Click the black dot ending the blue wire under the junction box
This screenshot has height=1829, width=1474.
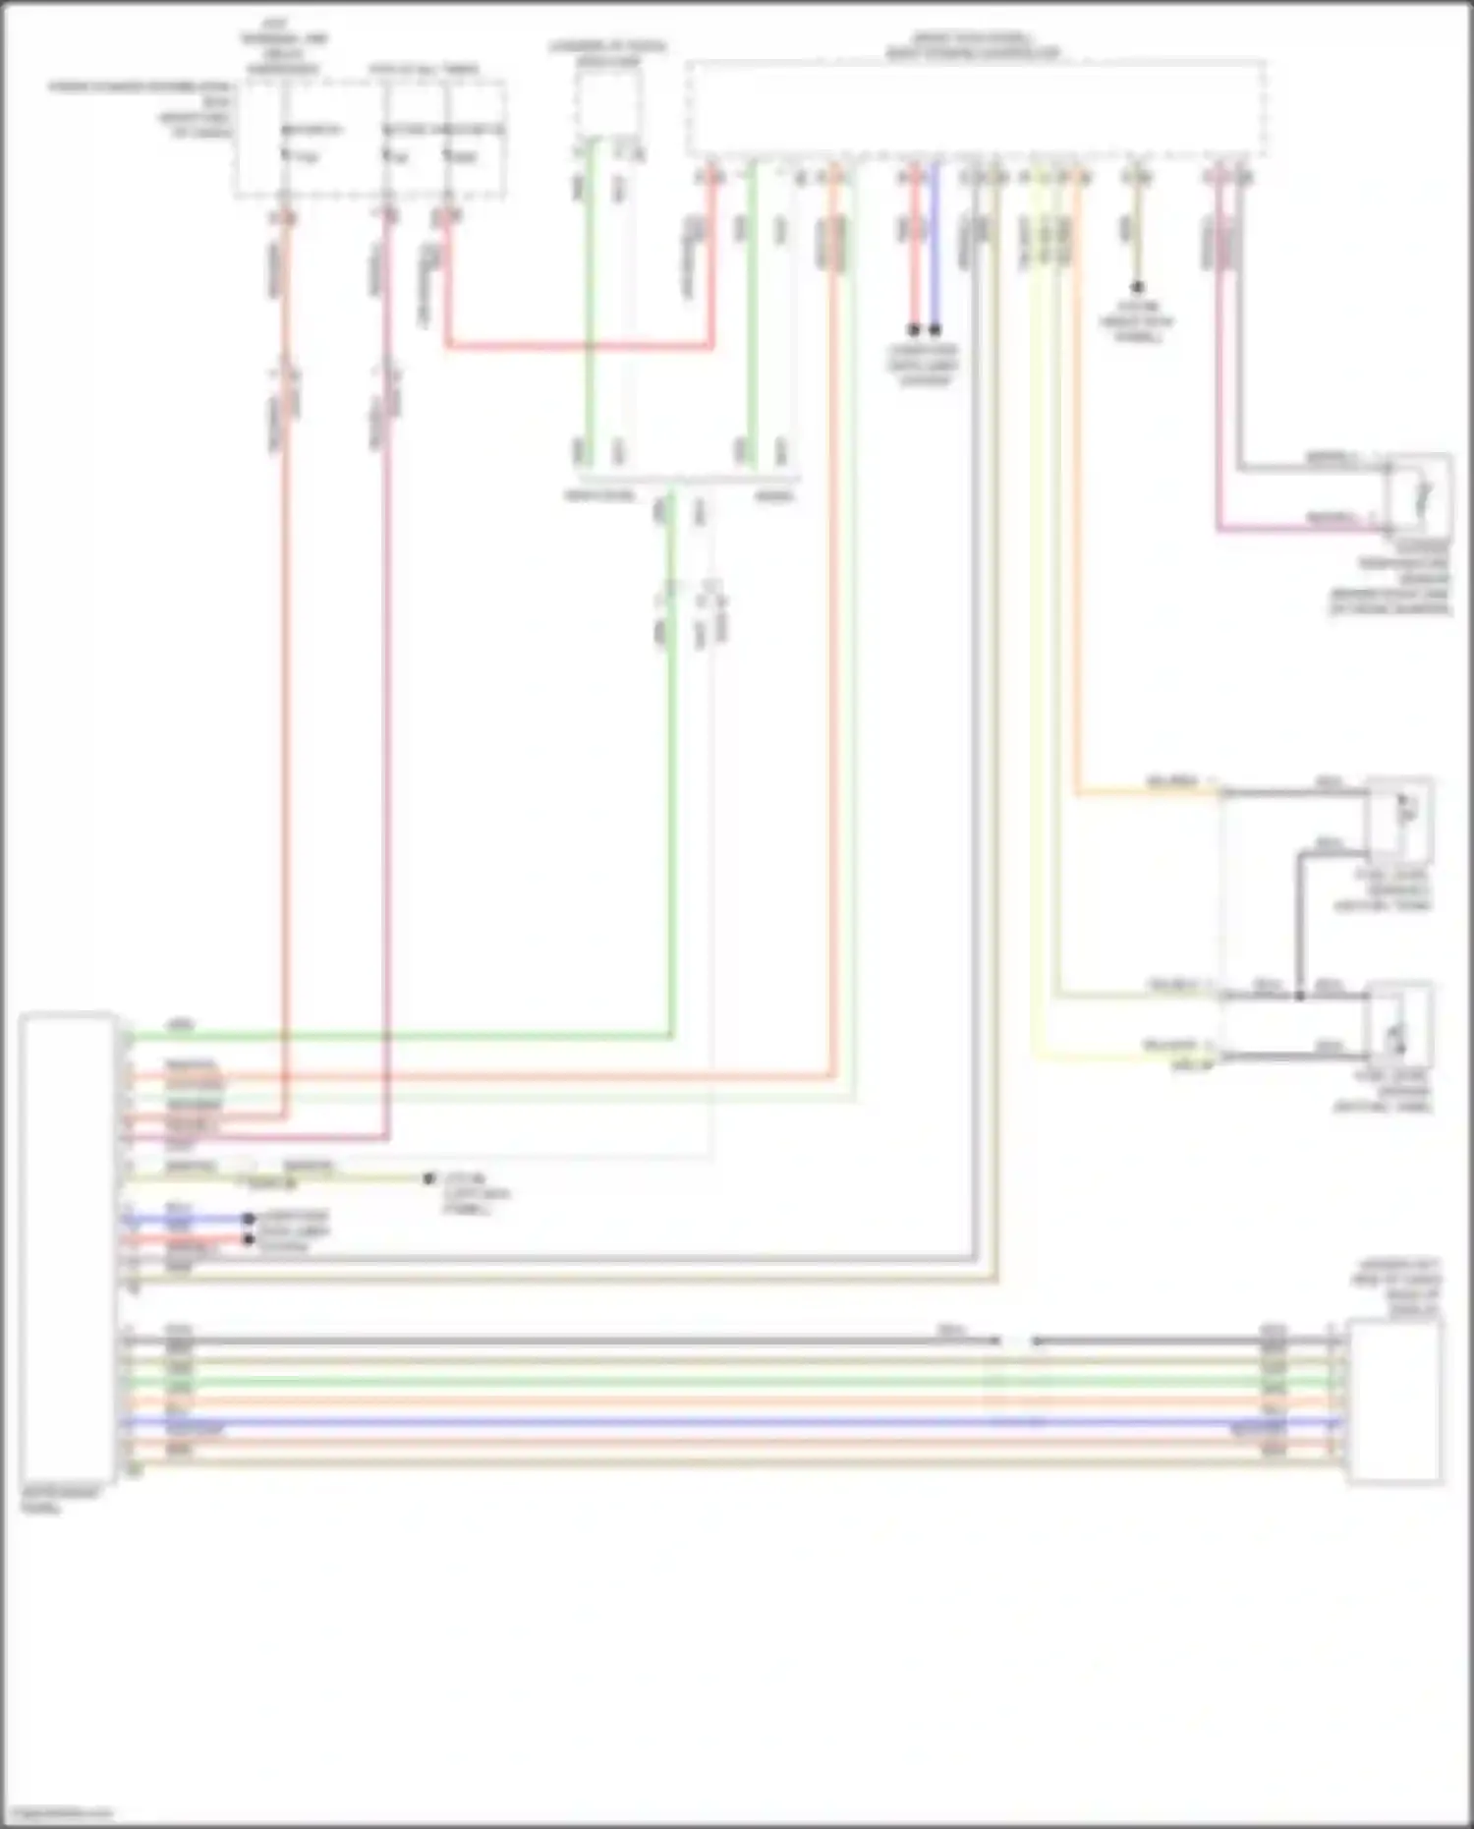(x=935, y=330)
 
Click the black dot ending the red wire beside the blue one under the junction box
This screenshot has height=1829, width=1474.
(x=914, y=330)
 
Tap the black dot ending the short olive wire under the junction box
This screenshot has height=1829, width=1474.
(x=1137, y=288)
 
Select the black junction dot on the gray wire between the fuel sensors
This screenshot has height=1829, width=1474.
(x=1299, y=996)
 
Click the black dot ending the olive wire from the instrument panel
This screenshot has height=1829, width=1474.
(x=429, y=1177)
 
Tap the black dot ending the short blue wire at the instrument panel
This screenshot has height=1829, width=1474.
(x=249, y=1220)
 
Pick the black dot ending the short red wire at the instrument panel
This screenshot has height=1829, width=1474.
(x=249, y=1240)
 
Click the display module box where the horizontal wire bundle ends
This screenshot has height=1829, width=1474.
(x=1394, y=1400)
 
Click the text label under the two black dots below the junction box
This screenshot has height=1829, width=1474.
(x=924, y=365)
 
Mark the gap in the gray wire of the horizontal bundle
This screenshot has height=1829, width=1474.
(x=1016, y=1341)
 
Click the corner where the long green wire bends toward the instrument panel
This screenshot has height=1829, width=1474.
(x=672, y=1035)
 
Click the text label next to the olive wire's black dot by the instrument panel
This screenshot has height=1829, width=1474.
(x=476, y=1193)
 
